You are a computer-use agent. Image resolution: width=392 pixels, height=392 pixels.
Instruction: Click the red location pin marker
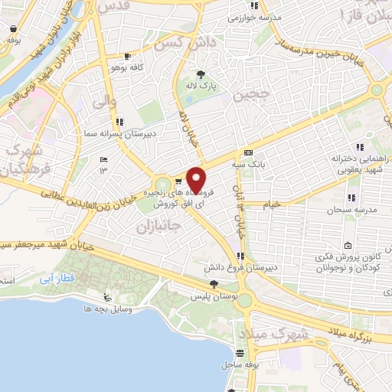point(197,179)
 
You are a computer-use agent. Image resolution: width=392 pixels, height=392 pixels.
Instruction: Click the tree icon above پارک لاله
point(201,74)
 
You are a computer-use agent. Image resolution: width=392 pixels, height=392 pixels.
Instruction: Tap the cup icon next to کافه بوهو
point(127,56)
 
